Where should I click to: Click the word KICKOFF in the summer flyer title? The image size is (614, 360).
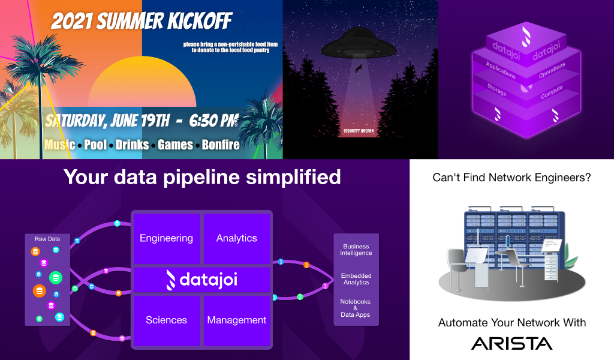coord(200,21)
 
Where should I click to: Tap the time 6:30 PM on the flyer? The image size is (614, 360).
coord(214,120)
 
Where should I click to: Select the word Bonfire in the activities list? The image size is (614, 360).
coord(221,145)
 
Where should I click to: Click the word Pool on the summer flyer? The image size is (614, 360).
coord(95,145)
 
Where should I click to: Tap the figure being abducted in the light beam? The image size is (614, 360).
coord(359,69)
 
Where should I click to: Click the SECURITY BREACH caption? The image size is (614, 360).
coord(359,131)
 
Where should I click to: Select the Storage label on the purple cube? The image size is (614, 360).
coord(497,90)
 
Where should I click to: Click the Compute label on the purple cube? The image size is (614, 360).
coord(552,92)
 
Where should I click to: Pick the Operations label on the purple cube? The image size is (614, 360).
coord(552,70)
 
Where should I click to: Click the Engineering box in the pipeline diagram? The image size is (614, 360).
coord(167,239)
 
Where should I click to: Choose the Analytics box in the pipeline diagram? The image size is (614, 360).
coord(237,239)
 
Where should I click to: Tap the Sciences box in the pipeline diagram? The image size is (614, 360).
coord(167,320)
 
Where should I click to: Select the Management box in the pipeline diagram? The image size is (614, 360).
coord(237,320)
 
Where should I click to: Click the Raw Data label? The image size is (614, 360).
coord(47,239)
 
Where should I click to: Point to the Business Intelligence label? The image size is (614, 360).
coord(356,250)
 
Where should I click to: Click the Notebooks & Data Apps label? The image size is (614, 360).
coord(355,308)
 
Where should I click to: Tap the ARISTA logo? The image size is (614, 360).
coord(511,344)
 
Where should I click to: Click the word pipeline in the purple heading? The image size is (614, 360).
coord(201,178)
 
